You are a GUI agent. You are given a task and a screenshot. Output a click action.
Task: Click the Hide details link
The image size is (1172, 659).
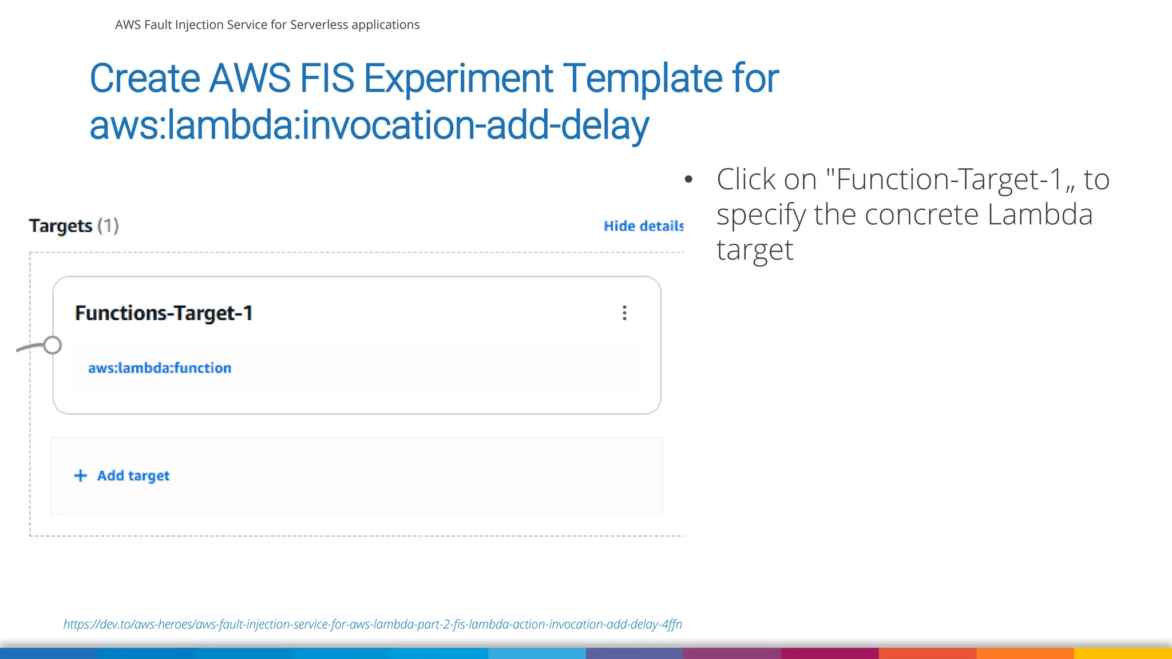(643, 227)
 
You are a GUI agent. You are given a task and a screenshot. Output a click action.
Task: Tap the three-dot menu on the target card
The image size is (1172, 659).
(624, 313)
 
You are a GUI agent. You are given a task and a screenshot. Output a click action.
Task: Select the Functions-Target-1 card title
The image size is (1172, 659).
(164, 313)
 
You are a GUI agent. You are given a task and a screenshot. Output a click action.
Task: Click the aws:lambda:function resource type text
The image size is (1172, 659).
(160, 368)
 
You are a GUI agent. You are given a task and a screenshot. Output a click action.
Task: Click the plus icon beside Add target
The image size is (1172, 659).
(81, 476)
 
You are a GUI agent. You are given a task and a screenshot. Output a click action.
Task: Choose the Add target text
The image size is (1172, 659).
(133, 476)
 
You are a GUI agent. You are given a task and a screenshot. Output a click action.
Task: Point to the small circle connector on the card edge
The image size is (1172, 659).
(53, 345)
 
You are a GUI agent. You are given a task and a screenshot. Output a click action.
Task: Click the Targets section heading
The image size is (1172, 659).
(61, 226)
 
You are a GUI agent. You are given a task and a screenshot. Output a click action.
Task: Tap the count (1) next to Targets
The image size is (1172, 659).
(108, 226)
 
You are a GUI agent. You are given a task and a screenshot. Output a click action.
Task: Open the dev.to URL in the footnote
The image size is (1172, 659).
(373, 624)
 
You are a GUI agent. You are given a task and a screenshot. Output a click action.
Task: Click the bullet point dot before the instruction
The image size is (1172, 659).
(688, 180)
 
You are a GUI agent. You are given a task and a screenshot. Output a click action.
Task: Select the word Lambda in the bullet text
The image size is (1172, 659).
(1040, 215)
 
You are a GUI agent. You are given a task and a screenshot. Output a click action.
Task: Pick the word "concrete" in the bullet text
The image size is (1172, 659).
(921, 215)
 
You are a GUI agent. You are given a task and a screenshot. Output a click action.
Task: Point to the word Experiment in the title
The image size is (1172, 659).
(458, 78)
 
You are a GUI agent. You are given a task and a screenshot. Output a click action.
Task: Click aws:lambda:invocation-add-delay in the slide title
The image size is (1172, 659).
(369, 126)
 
